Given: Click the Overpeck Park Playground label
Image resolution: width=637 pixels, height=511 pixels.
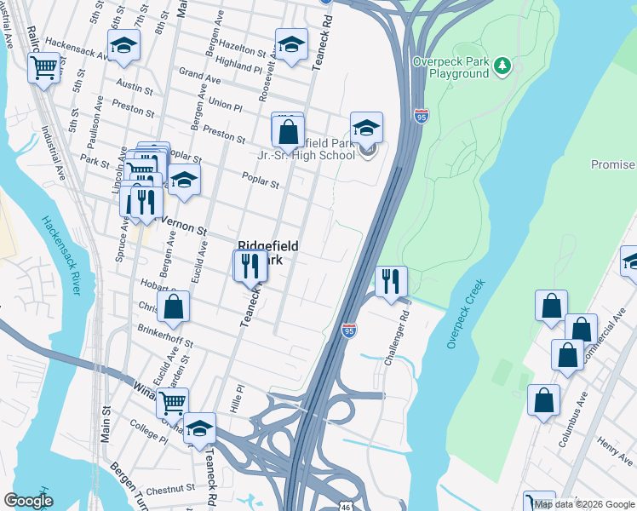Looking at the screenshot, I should (450, 67).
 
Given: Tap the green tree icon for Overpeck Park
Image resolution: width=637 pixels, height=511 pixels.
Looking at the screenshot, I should (503, 64).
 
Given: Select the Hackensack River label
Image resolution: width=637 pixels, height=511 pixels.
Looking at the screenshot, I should (60, 255).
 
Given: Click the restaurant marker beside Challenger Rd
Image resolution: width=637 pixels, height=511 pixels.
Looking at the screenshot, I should (391, 282).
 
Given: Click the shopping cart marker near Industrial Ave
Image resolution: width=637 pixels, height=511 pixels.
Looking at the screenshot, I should (43, 67).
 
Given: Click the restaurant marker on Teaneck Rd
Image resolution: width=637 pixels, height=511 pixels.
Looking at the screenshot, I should (250, 265).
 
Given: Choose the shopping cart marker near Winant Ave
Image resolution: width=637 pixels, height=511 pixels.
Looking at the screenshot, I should (172, 403).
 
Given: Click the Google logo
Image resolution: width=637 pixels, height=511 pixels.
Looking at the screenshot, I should (28, 501).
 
